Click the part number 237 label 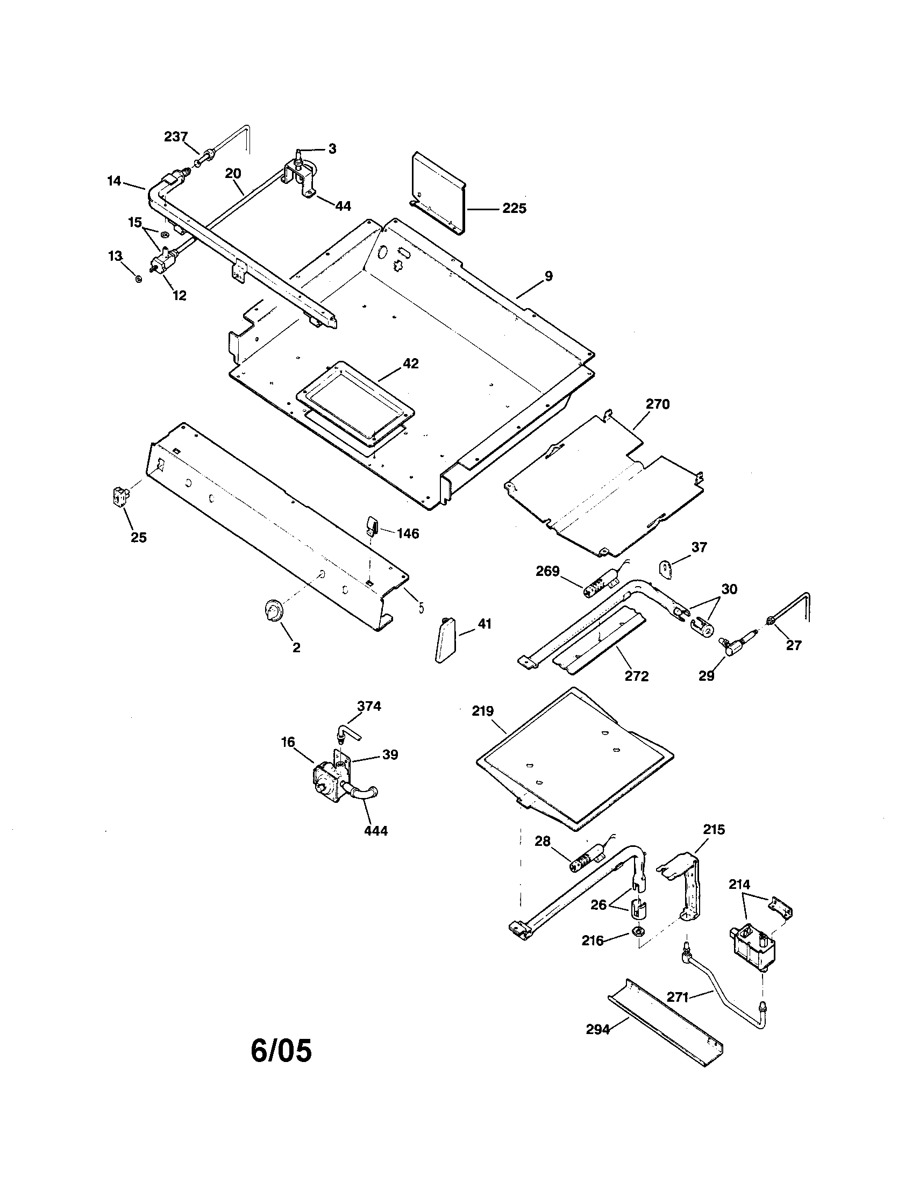coord(176,137)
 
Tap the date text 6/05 coord(281,1051)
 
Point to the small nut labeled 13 coord(138,279)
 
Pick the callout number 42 coord(410,364)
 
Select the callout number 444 coord(376,830)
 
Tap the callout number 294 coord(598,1029)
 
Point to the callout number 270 coord(658,404)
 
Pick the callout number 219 coord(482,711)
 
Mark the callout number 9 coord(548,276)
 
